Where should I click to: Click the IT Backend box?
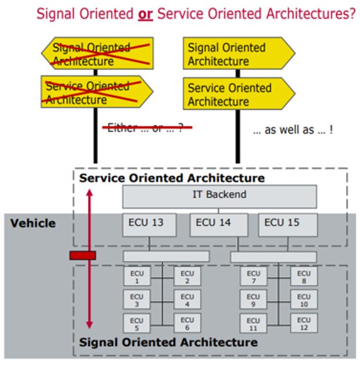coord(219,196)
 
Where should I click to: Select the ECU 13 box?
coord(149,225)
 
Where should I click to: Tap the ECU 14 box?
coord(219,225)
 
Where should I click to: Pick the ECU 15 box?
coord(288,225)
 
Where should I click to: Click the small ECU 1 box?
coord(137,277)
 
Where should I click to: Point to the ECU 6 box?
coord(187,323)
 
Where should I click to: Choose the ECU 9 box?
coord(253,300)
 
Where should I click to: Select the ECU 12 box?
coord(304,323)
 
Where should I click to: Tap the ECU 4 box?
coord(187,300)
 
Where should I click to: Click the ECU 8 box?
coord(304,277)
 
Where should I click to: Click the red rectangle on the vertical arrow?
coord(83,256)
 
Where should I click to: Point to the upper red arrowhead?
coord(90,193)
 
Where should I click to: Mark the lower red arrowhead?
coord(90,325)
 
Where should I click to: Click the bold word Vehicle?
coord(33,223)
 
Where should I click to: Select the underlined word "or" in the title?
coord(145,15)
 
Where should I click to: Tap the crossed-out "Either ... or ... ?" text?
coord(145,127)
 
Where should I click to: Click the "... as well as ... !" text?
coord(293,130)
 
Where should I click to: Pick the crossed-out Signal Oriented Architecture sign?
coord(98,54)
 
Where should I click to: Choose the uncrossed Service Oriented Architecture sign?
coord(239,94)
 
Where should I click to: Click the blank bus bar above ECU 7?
coord(273,257)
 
